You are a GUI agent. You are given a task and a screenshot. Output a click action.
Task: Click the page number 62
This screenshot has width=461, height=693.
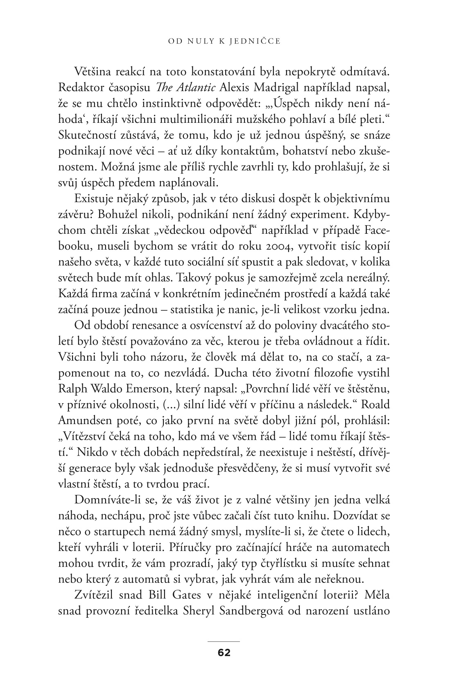[x=224, y=652]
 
